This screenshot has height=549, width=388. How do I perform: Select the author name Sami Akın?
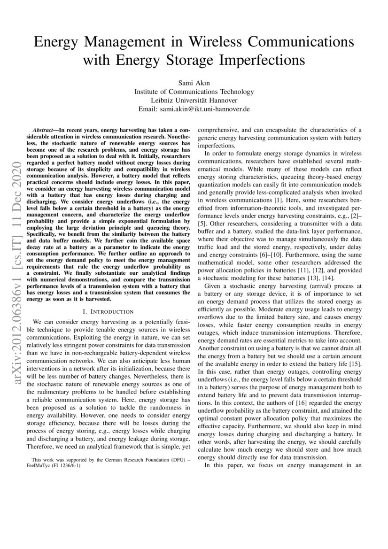click(x=194, y=83)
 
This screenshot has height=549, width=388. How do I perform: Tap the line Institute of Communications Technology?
click(x=194, y=92)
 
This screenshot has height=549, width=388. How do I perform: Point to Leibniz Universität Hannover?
click(x=194, y=100)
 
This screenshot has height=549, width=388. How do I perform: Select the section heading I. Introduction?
click(x=108, y=311)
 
